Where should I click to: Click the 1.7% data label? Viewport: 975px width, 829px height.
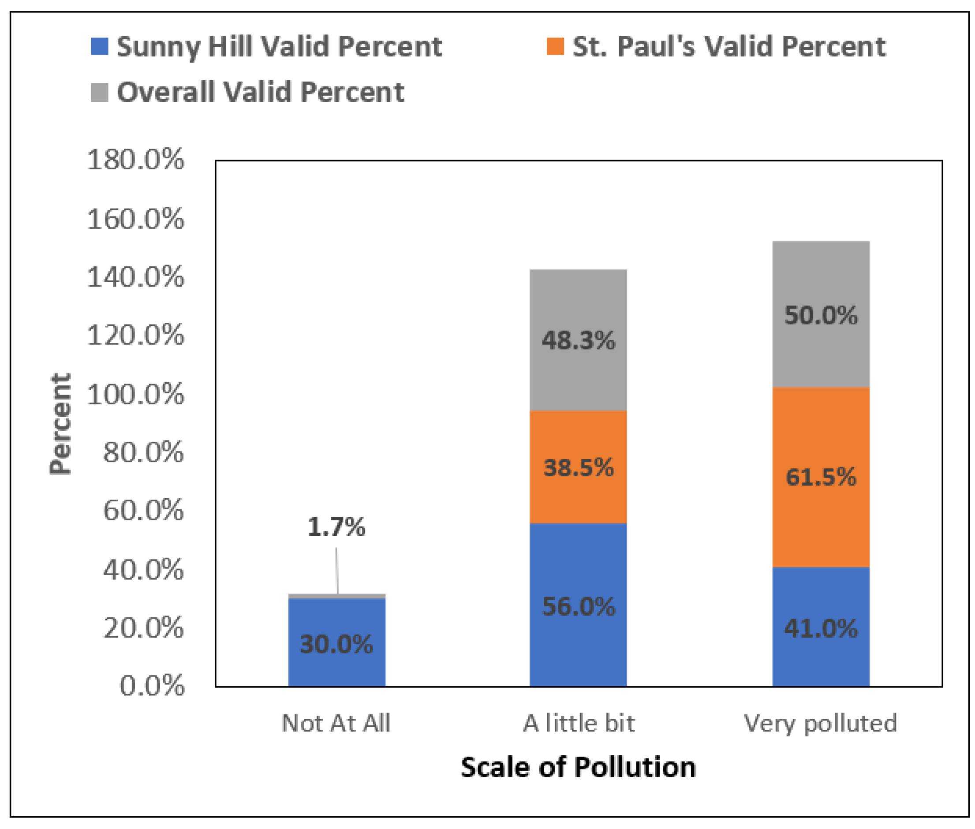336,527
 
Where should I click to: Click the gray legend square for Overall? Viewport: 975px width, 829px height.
99,92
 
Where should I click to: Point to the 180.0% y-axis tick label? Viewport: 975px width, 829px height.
135,160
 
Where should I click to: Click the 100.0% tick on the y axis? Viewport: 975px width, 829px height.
135,394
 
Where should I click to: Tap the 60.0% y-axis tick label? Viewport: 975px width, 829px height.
143,510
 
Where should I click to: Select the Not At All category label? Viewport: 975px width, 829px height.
336,723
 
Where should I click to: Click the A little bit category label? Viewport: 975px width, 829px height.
579,723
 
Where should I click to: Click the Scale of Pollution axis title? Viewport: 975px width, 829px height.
578,767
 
